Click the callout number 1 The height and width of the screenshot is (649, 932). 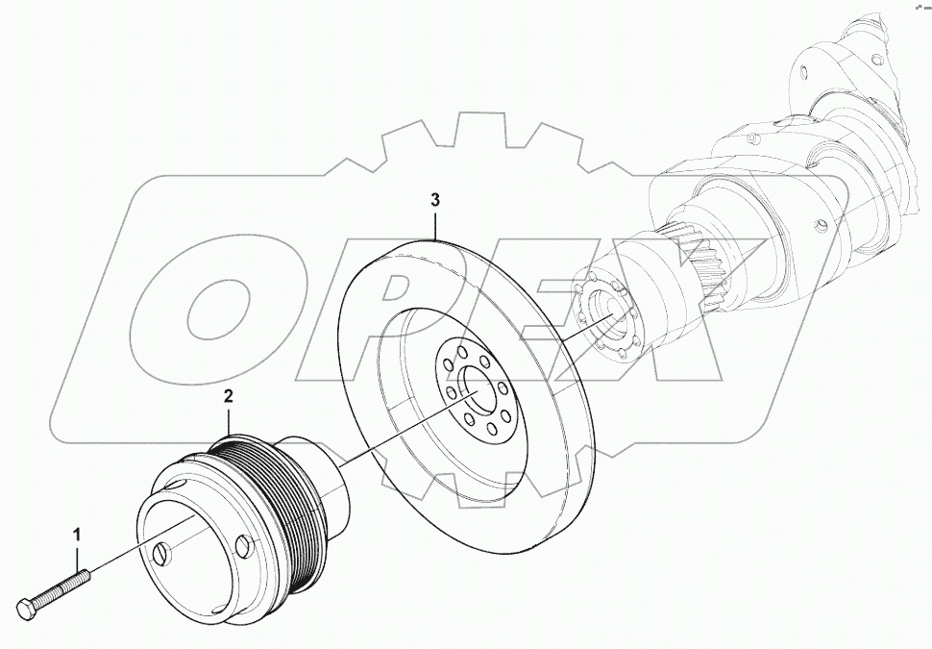coord(78,532)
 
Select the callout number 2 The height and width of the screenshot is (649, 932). coord(228,395)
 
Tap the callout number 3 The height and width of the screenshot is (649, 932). coord(435,200)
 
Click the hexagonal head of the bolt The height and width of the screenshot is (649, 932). coord(26,609)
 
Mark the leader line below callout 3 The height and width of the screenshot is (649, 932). coord(435,225)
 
